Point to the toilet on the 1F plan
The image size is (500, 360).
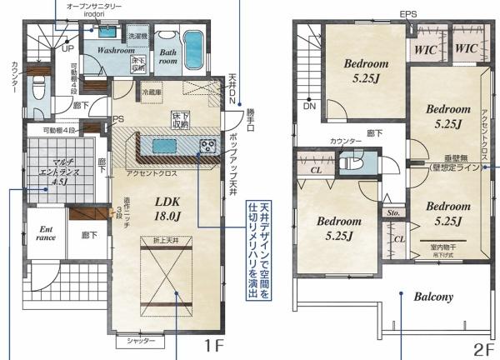38,87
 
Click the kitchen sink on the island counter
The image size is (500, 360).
162,147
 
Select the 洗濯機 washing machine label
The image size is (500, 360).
137,37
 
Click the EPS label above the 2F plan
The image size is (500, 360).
408,14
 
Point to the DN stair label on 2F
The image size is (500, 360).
309,107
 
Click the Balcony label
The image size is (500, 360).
432,296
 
